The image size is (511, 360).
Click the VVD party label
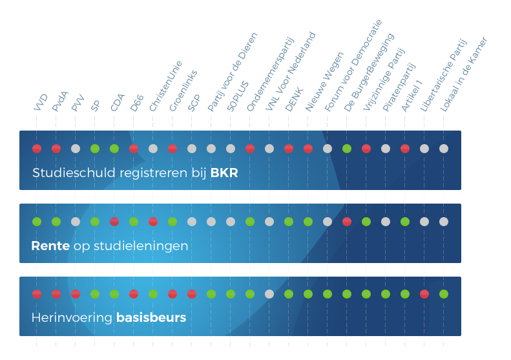coord(41,103)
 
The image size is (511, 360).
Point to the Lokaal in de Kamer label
coord(463,74)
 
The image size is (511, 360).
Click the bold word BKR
coord(224,173)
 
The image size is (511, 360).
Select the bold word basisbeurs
coord(151,318)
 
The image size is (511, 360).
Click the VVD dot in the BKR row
coord(37,149)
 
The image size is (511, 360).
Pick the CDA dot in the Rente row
coord(114,222)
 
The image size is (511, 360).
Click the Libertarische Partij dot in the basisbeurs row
coord(424,294)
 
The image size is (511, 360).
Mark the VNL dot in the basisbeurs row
coord(269,294)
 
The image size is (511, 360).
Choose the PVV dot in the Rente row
coord(76,222)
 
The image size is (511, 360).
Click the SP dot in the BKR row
coord(95,149)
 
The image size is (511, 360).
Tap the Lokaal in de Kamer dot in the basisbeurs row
coord(444,294)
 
